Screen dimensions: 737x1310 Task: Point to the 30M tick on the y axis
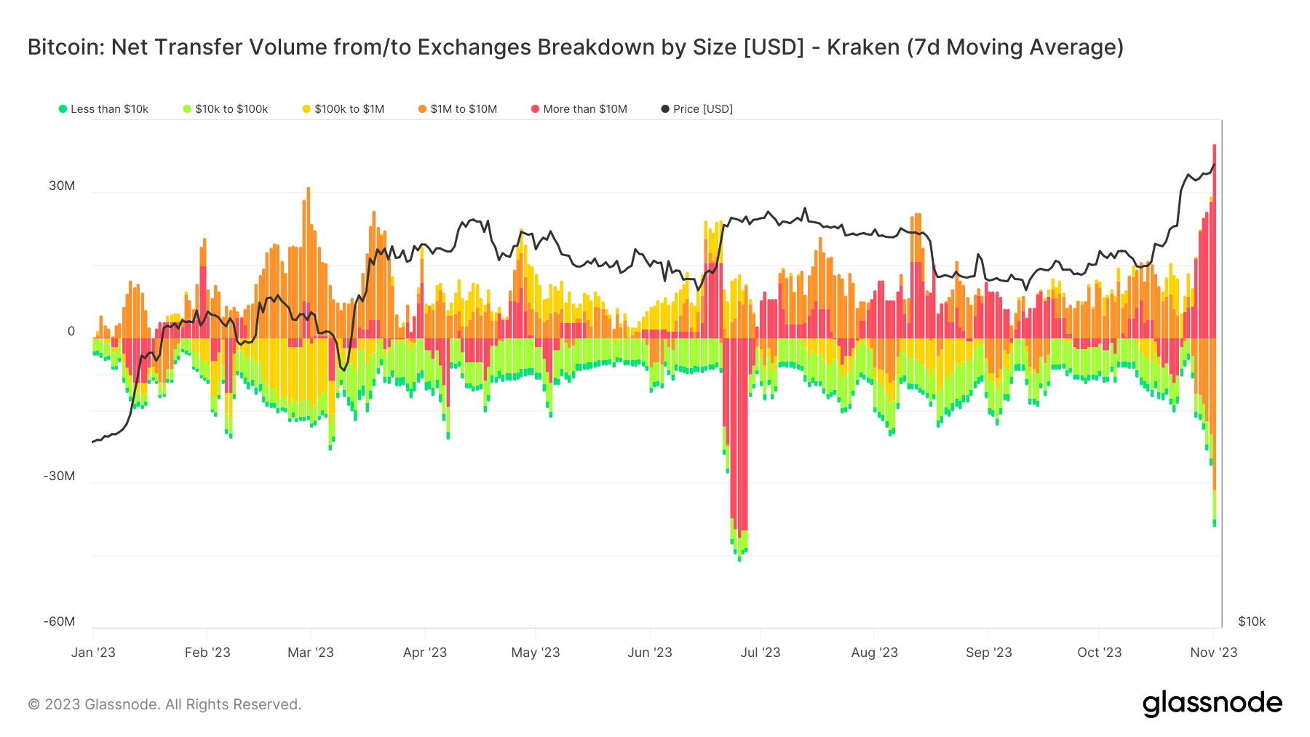pos(62,186)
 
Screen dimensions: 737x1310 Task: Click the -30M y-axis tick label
pos(59,476)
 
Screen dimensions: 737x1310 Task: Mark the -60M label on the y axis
pos(59,621)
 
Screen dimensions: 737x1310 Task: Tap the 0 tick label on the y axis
pos(71,331)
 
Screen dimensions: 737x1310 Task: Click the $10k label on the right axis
pos(1252,621)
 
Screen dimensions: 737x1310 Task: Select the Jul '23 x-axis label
pos(760,653)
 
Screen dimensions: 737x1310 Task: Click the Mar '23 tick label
pos(311,653)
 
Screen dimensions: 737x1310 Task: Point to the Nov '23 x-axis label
pos(1213,653)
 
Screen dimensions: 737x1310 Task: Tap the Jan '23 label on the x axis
pos(93,653)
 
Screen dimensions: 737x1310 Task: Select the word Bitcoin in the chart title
pos(63,47)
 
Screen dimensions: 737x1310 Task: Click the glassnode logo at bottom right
pos(1212,704)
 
